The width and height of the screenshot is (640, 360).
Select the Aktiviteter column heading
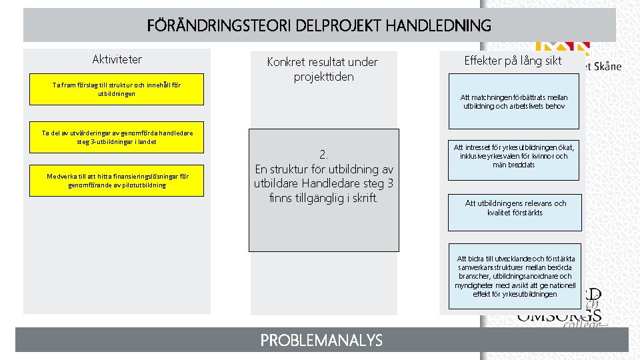tap(117, 59)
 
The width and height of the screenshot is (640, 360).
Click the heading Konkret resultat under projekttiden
tap(323, 69)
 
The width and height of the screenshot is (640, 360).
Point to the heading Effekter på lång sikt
tap(513, 61)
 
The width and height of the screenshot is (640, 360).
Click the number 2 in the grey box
tap(323, 154)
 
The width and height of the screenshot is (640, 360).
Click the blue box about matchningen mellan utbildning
tap(514, 101)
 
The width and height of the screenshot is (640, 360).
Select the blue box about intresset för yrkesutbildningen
tap(514, 156)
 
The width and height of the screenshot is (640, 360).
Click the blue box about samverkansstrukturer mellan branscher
tap(514, 276)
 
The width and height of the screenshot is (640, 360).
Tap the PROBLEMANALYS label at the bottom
tap(321, 341)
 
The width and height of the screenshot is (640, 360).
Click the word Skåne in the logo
tap(606, 66)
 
